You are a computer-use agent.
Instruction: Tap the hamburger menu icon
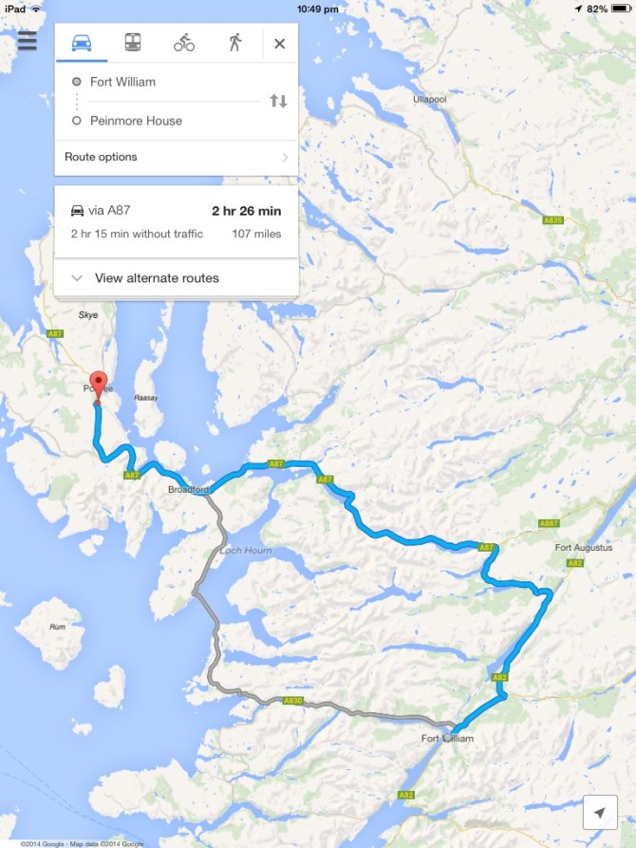pos(27,42)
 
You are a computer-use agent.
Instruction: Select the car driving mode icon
pos(82,43)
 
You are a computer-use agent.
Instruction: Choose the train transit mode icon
pos(133,43)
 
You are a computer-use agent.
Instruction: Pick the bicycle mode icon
pos(184,43)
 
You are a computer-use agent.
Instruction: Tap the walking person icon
pos(234,43)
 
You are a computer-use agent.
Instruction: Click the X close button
pos(279,43)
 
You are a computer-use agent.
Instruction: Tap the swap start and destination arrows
pos(278,101)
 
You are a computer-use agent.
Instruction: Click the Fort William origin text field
pos(123,82)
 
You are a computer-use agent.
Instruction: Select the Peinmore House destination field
pos(136,121)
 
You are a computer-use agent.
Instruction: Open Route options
pos(176,157)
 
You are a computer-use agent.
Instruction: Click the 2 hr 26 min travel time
pos(246,211)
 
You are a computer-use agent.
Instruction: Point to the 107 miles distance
pos(256,234)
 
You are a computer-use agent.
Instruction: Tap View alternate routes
pos(157,278)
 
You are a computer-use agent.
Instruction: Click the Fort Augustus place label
pos(579,547)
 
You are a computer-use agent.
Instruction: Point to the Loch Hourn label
pos(245,551)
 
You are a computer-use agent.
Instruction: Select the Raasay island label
pos(145,400)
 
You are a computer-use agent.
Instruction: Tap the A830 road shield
pos(292,701)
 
